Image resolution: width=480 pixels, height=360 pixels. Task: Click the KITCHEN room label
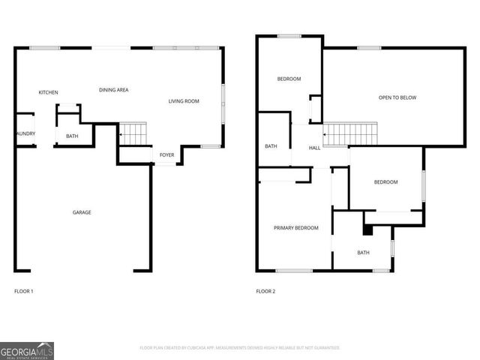click(49, 92)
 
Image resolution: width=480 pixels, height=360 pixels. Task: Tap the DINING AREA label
click(114, 90)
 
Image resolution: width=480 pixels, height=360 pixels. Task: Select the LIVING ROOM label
click(184, 100)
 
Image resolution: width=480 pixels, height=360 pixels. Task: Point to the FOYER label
click(166, 155)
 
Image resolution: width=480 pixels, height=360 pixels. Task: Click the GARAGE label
click(82, 212)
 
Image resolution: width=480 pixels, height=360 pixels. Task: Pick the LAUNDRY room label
click(24, 134)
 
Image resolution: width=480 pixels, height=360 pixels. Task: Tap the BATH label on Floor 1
click(72, 136)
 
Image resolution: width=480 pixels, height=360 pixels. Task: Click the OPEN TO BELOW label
click(397, 97)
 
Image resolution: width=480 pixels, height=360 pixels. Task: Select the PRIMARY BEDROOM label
click(295, 228)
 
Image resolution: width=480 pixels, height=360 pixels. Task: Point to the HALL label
click(315, 148)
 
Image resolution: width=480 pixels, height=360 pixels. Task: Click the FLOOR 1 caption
click(24, 291)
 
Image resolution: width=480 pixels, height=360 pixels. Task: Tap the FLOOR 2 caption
click(265, 291)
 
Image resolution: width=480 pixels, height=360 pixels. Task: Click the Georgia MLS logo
click(27, 350)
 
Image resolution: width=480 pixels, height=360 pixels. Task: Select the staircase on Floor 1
click(133, 135)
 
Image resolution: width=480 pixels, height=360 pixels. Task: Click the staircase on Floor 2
click(349, 135)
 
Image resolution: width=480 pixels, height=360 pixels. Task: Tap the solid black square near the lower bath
click(367, 230)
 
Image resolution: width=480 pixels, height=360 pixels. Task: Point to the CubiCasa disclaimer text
click(240, 348)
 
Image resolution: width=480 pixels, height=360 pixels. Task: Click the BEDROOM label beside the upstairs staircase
click(289, 79)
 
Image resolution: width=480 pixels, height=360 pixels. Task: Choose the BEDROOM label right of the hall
click(385, 182)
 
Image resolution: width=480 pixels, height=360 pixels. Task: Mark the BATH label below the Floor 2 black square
click(363, 253)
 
